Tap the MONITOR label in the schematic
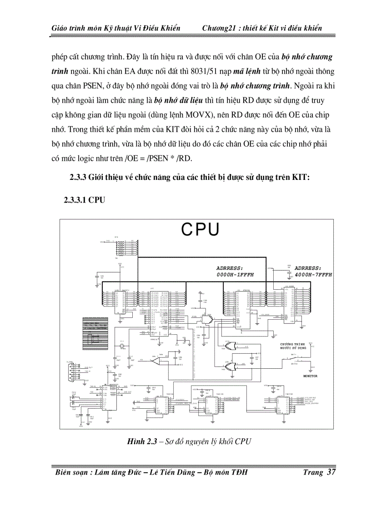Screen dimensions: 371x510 coord(310,376)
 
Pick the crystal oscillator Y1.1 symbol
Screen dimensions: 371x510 coord(122,347)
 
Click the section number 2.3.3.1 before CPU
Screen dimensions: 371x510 coord(75,199)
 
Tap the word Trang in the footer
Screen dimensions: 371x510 coord(313,472)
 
